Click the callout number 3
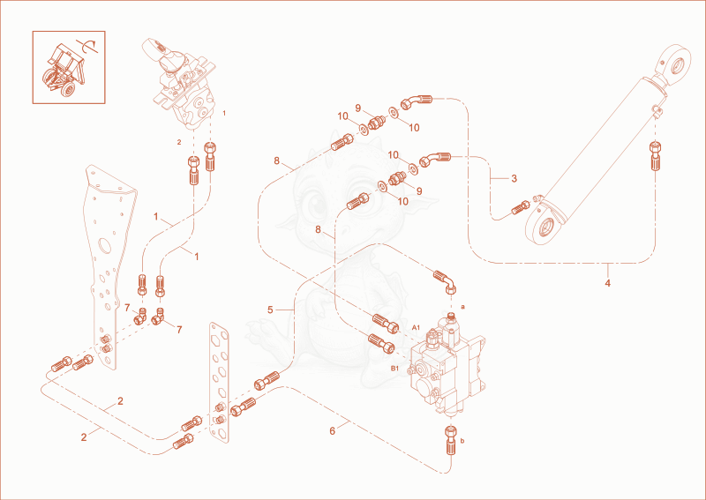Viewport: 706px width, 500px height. point(514,179)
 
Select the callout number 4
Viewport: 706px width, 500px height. point(607,283)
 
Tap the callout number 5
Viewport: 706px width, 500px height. point(270,310)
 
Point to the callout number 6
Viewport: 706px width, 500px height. point(333,431)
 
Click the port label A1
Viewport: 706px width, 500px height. point(416,328)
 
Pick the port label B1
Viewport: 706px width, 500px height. point(394,368)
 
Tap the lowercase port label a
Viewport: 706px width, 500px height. point(462,307)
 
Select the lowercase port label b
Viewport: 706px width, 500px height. point(462,441)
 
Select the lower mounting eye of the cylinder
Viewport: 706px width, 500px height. point(545,224)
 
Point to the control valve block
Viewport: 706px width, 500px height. point(446,367)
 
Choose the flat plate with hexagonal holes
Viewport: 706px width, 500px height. point(219,380)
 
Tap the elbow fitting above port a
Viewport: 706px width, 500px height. point(446,281)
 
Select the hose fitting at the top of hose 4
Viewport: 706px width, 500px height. point(656,155)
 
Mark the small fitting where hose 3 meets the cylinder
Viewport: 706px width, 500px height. point(521,207)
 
